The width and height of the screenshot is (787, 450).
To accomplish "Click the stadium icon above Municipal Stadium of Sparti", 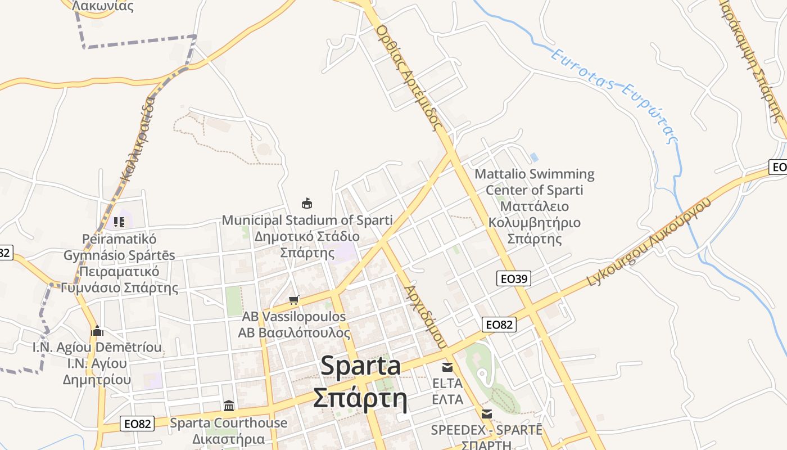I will click(307, 203).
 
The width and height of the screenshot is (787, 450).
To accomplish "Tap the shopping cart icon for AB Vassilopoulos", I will click(293, 300).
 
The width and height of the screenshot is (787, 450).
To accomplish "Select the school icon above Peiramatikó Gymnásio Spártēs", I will click(119, 222).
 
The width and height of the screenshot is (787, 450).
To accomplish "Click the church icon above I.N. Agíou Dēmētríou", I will click(97, 330).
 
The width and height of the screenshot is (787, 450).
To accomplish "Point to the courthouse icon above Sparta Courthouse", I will click(229, 406).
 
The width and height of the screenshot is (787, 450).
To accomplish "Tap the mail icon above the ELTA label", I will click(447, 367).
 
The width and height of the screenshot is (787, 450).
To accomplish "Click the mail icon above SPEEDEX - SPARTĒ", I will click(487, 414).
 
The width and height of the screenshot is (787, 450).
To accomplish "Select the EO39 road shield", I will click(514, 278).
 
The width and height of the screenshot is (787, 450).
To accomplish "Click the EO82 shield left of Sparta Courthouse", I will click(137, 424).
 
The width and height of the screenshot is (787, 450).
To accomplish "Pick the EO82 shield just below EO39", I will click(499, 325).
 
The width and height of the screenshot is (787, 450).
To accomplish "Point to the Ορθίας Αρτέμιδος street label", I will click(409, 78).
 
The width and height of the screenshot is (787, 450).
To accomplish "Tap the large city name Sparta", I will click(360, 366).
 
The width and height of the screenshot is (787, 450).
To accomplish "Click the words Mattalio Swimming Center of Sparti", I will click(534, 182).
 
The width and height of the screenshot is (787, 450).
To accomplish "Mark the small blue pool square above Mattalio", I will click(533, 157).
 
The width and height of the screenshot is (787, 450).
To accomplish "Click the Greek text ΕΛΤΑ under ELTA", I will click(447, 399).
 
